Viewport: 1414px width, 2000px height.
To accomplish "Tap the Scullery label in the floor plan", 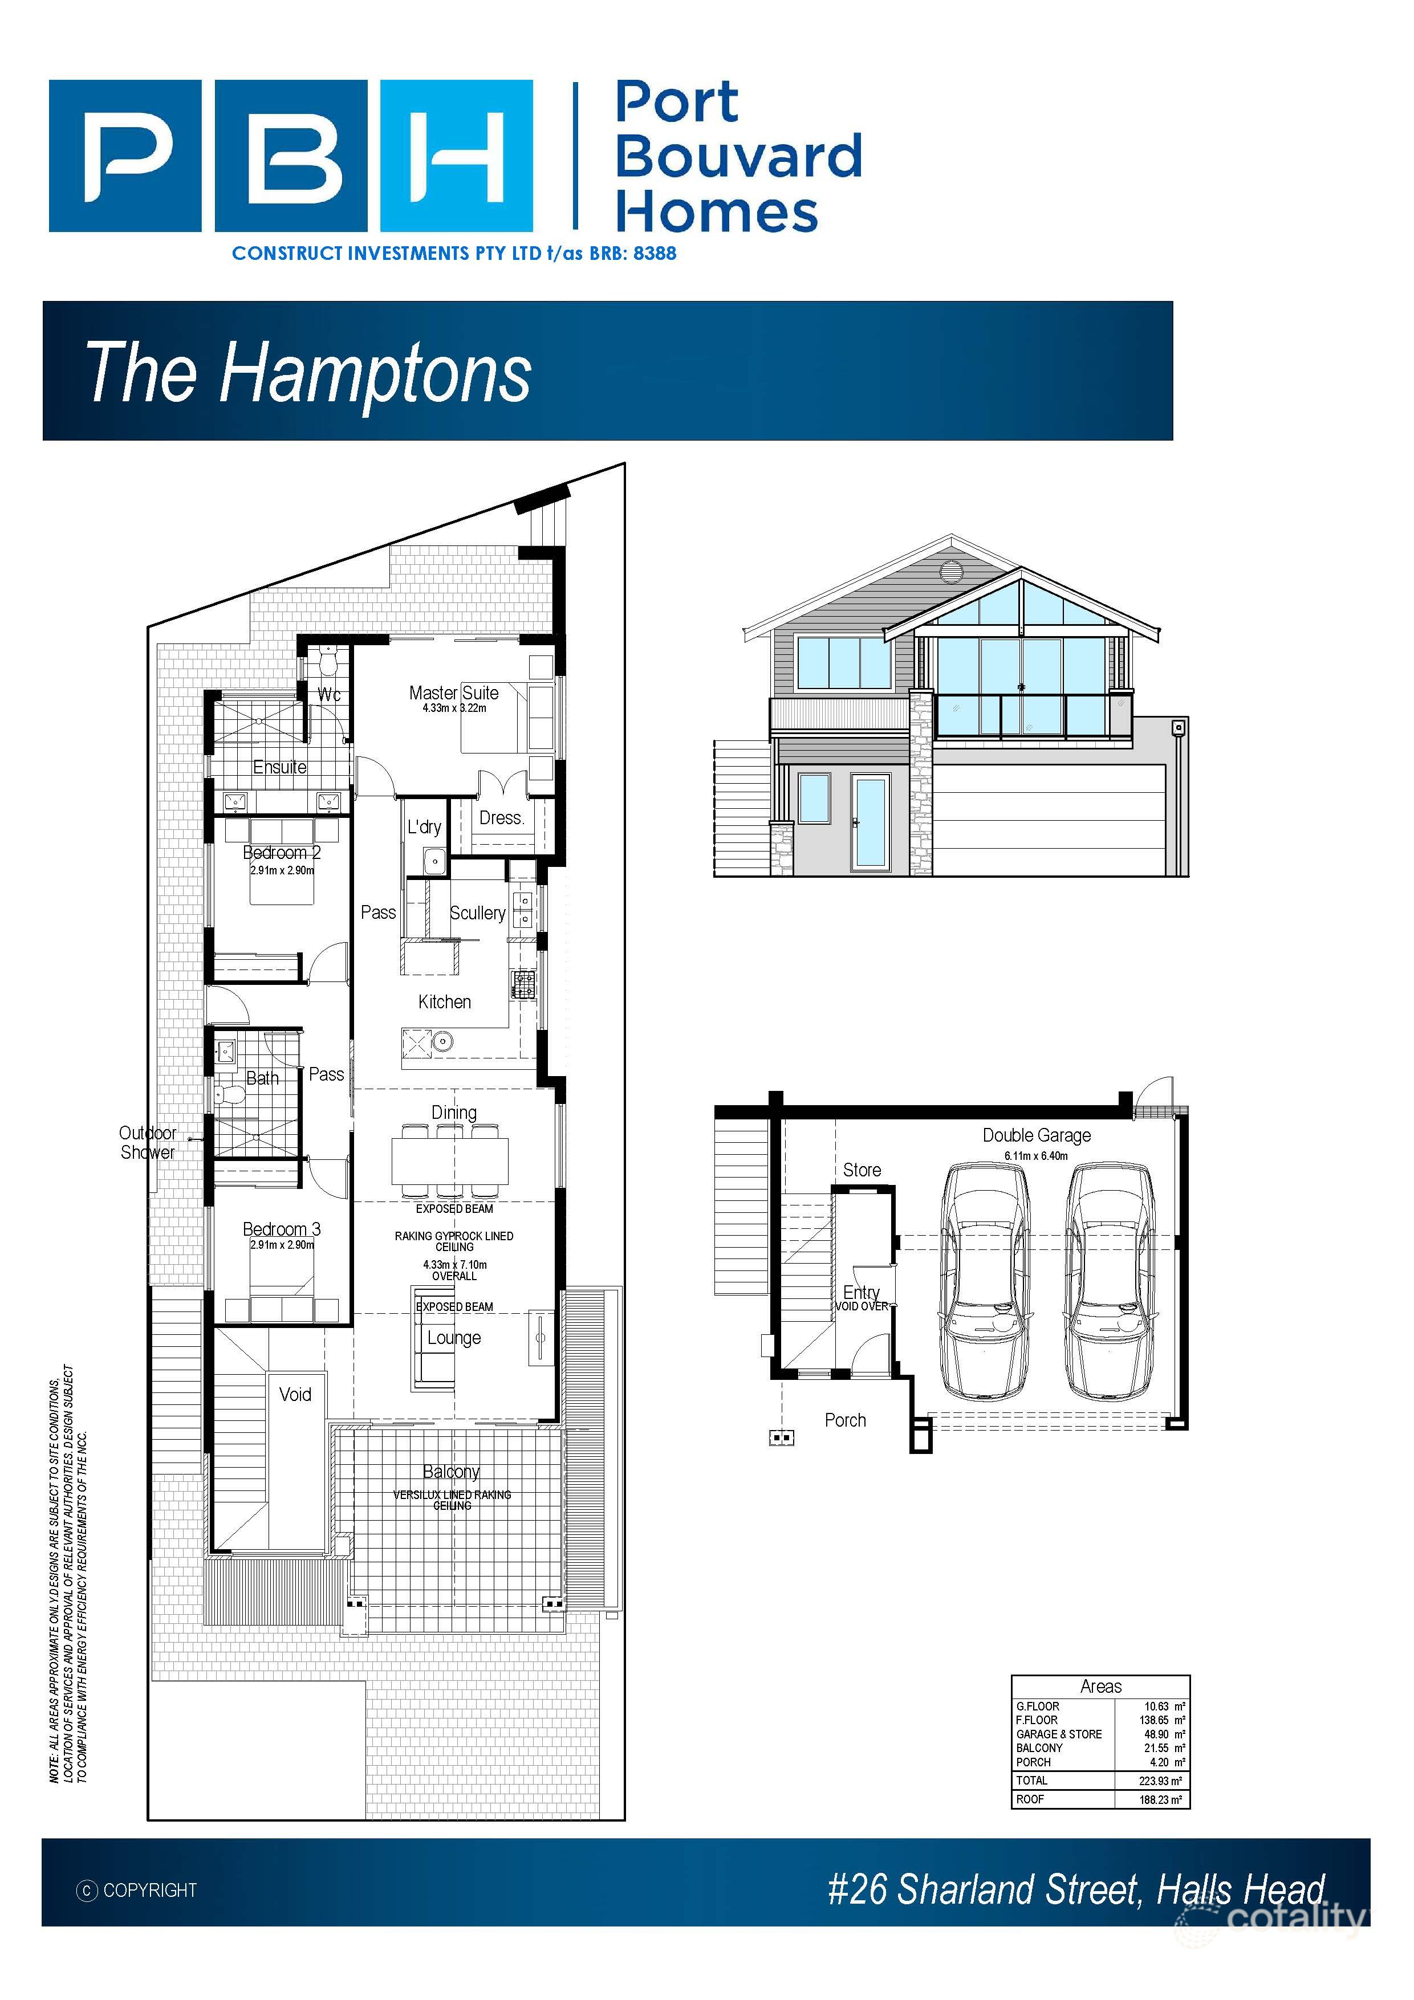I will pyautogui.click(x=477, y=913).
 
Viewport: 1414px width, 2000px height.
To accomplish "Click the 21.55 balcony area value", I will pyautogui.click(x=1156, y=1748).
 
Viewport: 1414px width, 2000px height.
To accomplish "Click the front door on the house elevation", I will pyautogui.click(x=869, y=823).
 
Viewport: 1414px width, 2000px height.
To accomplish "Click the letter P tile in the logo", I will pyautogui.click(x=125, y=156).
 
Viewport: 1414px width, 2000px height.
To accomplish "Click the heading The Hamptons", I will pyautogui.click(x=307, y=372).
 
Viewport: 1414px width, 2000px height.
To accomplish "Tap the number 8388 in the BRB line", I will pyautogui.click(x=655, y=254).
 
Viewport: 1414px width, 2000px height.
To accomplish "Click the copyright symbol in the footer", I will pyautogui.click(x=87, y=1890).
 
